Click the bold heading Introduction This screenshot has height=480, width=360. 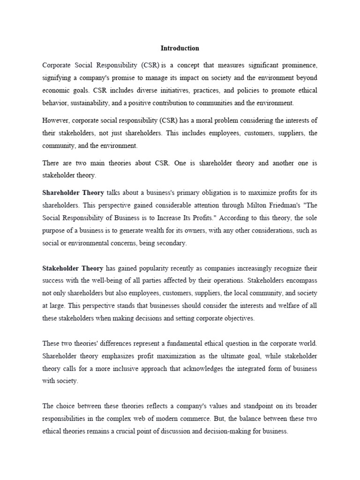tap(180, 48)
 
